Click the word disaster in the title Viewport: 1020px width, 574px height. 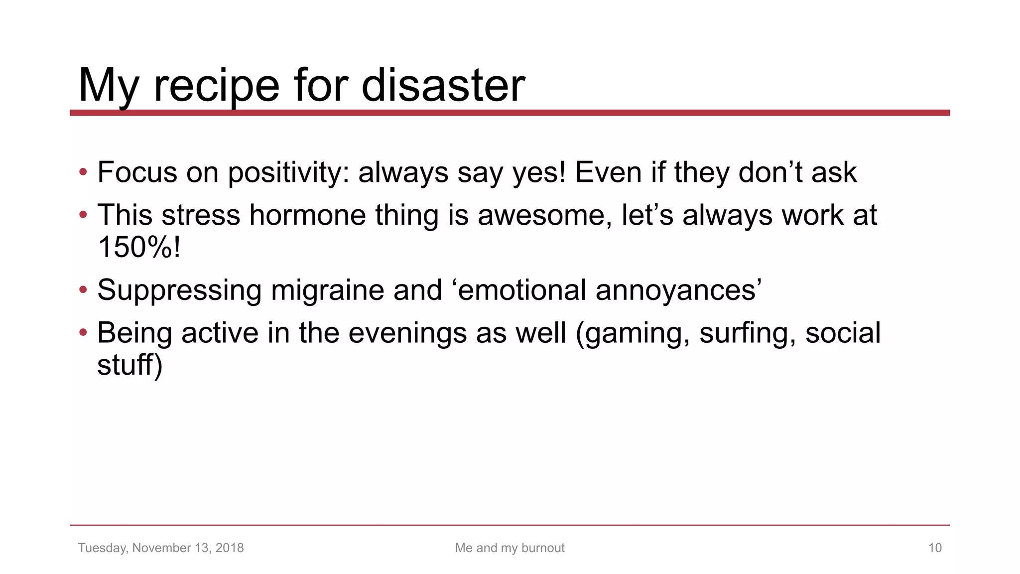click(443, 85)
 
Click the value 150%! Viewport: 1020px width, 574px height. click(139, 247)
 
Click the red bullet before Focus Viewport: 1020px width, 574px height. click(83, 172)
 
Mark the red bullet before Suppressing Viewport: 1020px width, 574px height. click(83, 290)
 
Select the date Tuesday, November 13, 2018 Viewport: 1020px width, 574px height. click(161, 548)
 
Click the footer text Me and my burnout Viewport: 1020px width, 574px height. click(510, 548)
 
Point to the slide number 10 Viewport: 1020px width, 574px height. click(935, 548)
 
